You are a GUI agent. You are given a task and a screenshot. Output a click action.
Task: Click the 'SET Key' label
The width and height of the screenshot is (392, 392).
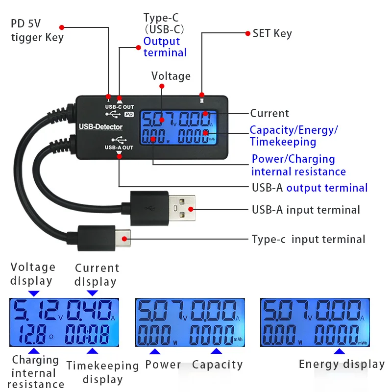coord(272,34)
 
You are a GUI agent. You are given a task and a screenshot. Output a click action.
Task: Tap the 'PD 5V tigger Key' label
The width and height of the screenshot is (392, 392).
coord(37,31)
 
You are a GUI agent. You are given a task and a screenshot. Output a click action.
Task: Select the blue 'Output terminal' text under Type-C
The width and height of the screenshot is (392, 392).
coord(165,47)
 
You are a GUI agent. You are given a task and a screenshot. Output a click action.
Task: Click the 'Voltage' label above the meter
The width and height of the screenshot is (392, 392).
coord(171,76)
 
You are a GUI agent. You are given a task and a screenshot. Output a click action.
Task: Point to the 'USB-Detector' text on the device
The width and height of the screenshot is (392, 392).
coord(101,127)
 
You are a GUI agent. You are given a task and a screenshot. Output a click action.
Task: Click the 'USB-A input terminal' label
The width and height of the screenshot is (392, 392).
coord(306,210)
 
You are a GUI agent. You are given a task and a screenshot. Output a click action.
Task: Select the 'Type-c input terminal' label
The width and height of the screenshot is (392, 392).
coord(308,240)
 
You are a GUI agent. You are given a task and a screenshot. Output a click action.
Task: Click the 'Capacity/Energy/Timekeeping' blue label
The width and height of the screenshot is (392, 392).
coord(294,136)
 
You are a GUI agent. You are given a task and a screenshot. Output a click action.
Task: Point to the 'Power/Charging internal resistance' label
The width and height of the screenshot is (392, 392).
coord(298,165)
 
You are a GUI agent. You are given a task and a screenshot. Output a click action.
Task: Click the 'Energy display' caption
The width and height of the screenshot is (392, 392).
coord(342,364)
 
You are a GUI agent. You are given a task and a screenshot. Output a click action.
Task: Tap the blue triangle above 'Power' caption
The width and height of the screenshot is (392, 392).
coord(154,352)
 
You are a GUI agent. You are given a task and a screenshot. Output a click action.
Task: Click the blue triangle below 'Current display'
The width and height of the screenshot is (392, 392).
coord(92,293)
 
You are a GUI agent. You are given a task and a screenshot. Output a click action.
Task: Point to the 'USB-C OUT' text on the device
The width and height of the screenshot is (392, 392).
coord(119,107)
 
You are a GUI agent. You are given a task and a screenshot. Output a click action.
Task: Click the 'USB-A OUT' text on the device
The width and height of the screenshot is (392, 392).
coord(119,147)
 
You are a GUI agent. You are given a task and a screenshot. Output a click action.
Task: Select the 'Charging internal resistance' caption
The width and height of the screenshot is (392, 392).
coord(35,372)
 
